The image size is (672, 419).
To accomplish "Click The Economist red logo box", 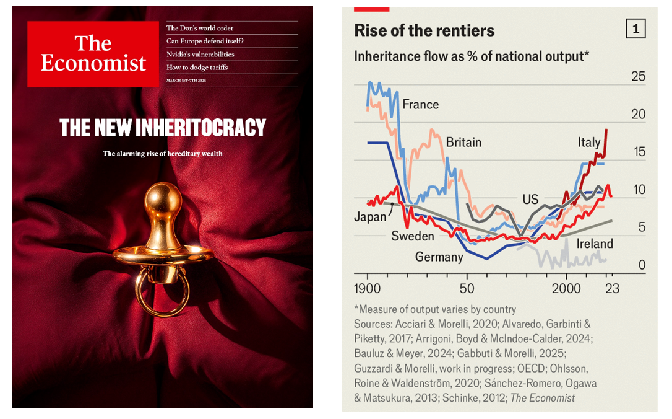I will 93,54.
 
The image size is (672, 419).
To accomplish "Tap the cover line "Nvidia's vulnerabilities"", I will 200,54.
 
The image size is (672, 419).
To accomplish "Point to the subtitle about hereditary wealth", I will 162,153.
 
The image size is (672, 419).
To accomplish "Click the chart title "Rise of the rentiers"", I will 424,30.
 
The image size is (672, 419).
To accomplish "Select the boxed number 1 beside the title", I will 635,29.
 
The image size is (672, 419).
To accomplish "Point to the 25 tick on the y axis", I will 637,77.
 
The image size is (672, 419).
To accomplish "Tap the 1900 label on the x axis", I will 368,288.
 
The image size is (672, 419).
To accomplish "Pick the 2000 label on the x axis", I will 566,288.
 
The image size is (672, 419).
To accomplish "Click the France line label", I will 420,104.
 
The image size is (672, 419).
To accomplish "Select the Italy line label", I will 588,142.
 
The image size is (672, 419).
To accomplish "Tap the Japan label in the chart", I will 369,217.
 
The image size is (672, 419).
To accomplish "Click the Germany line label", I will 439,257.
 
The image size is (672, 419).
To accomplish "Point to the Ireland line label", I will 595,244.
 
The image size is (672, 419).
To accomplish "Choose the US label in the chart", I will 530,200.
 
